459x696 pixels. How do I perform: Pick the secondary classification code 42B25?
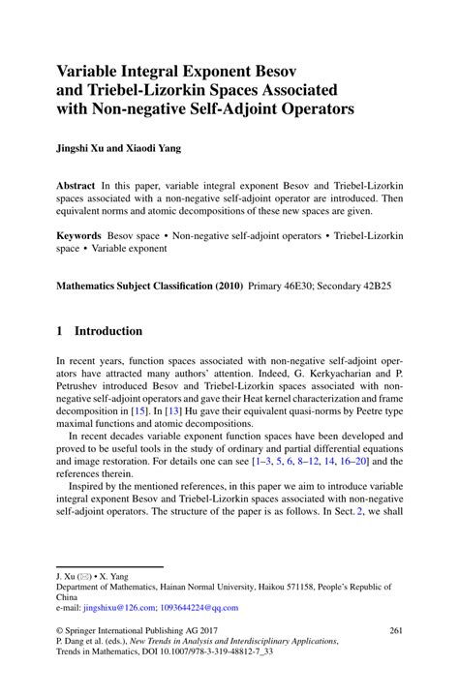(384, 287)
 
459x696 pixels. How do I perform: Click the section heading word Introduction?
(108, 331)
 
